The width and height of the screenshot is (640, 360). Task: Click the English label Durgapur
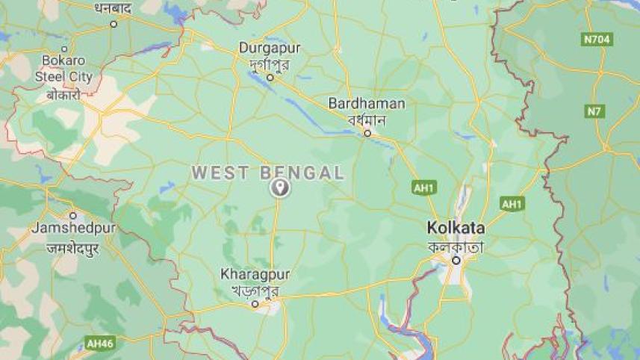coord(270,48)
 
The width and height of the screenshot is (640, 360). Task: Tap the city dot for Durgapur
coord(270,77)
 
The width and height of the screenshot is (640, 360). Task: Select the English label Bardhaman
coord(367,103)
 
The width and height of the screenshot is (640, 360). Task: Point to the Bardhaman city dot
coord(367,133)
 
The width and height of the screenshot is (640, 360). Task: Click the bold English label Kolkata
coord(456,228)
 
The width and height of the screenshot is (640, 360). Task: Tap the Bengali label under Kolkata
coord(456,246)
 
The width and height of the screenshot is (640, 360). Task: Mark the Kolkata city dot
coord(456,260)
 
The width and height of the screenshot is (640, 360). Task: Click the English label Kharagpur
coord(255,274)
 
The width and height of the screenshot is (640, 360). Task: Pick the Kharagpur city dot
coord(255,304)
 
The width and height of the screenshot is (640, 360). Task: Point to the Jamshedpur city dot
coord(72,215)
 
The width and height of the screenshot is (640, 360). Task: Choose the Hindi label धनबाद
coord(114,8)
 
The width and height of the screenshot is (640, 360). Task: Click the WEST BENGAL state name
coord(268,173)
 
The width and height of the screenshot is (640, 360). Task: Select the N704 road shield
coord(597,40)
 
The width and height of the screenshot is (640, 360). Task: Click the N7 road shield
coord(594,111)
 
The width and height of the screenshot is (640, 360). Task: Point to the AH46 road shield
coord(99,344)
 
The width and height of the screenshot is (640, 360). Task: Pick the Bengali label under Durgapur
coord(270,63)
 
